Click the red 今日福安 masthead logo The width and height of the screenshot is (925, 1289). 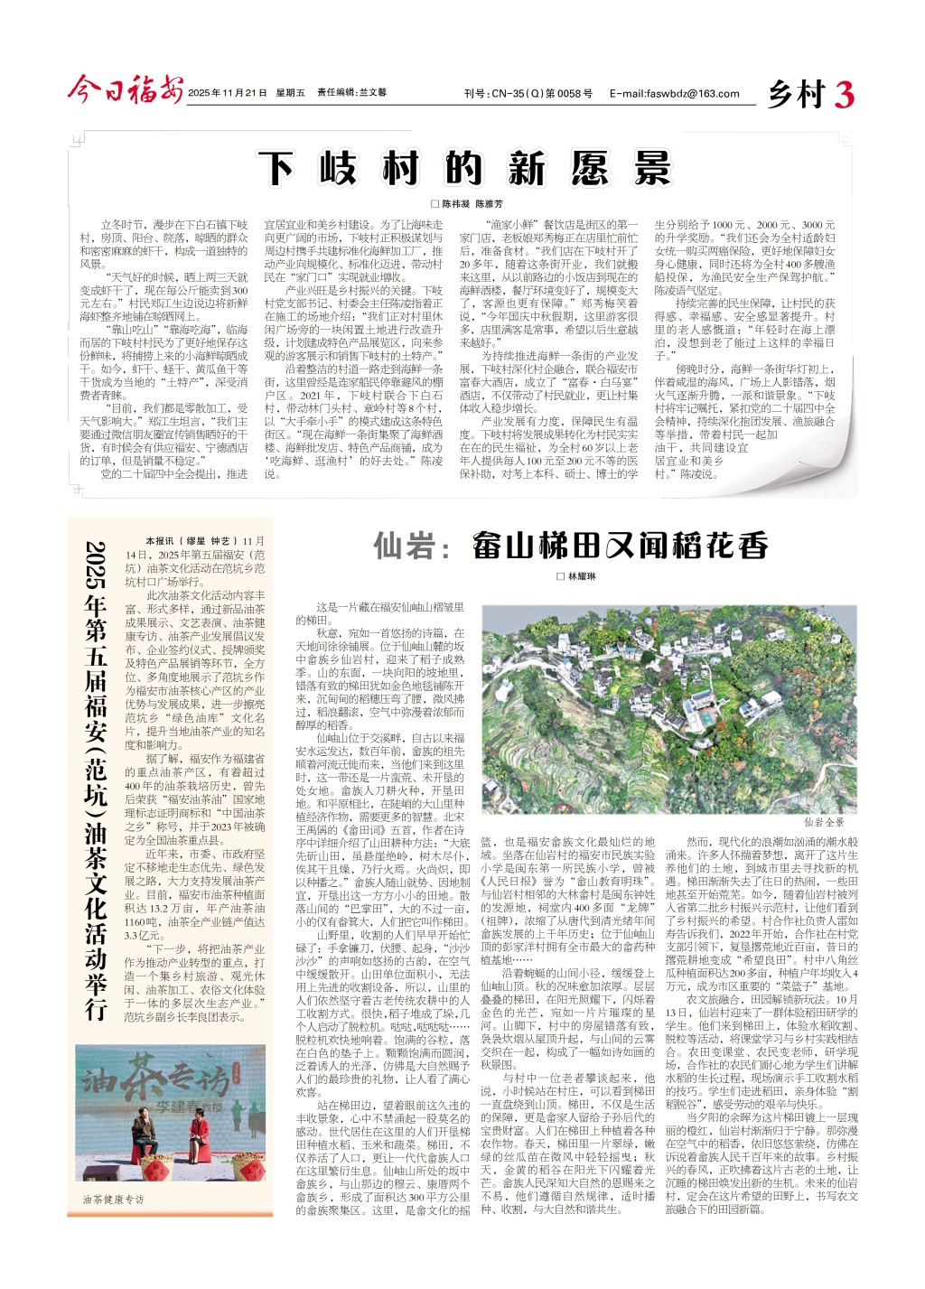click(x=125, y=90)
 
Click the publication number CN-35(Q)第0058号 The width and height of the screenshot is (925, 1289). click(x=528, y=93)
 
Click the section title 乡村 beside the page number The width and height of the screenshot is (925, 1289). click(x=797, y=94)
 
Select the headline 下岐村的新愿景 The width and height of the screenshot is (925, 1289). click(x=463, y=169)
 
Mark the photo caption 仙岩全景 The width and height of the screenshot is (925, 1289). click(x=824, y=822)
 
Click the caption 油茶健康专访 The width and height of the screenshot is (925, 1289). click(x=113, y=1199)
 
